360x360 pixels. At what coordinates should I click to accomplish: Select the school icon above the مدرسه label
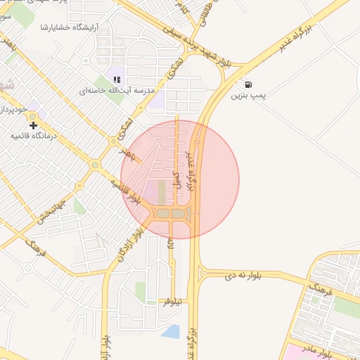tap(117, 80)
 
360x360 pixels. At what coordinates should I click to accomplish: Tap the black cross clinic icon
tap(33, 124)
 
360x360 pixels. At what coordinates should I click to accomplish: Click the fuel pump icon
tap(248, 84)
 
